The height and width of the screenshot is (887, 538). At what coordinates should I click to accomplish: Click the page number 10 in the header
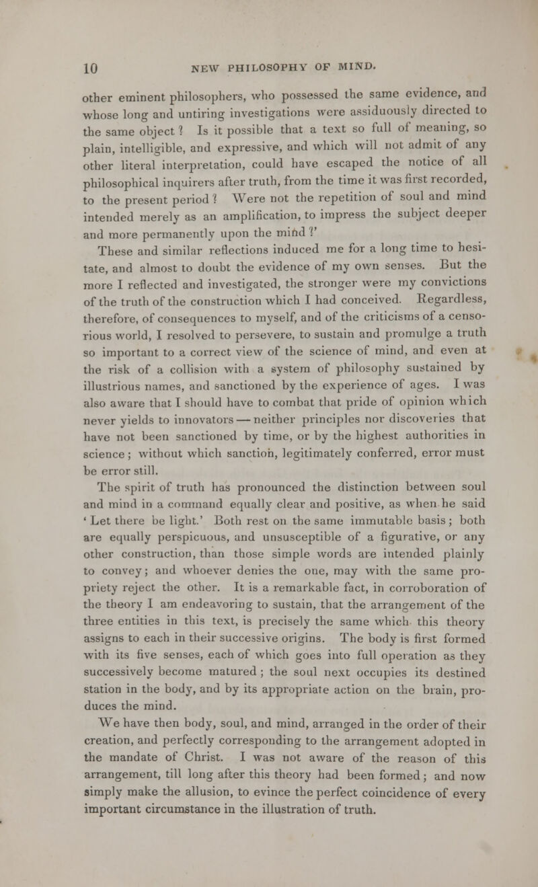pyautogui.click(x=21, y=67)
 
